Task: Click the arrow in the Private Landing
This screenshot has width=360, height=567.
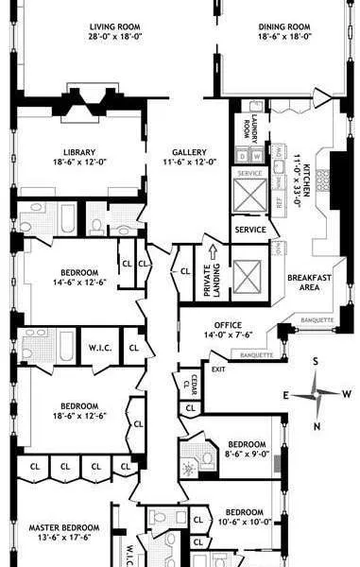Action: [213, 253]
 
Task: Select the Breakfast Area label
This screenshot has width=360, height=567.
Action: [309, 282]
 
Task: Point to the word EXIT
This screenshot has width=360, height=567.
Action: [219, 369]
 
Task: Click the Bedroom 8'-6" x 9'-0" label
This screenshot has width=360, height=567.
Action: [246, 449]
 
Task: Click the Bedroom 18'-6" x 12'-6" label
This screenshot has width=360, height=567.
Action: [69, 411]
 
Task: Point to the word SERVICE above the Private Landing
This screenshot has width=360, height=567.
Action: [250, 230]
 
